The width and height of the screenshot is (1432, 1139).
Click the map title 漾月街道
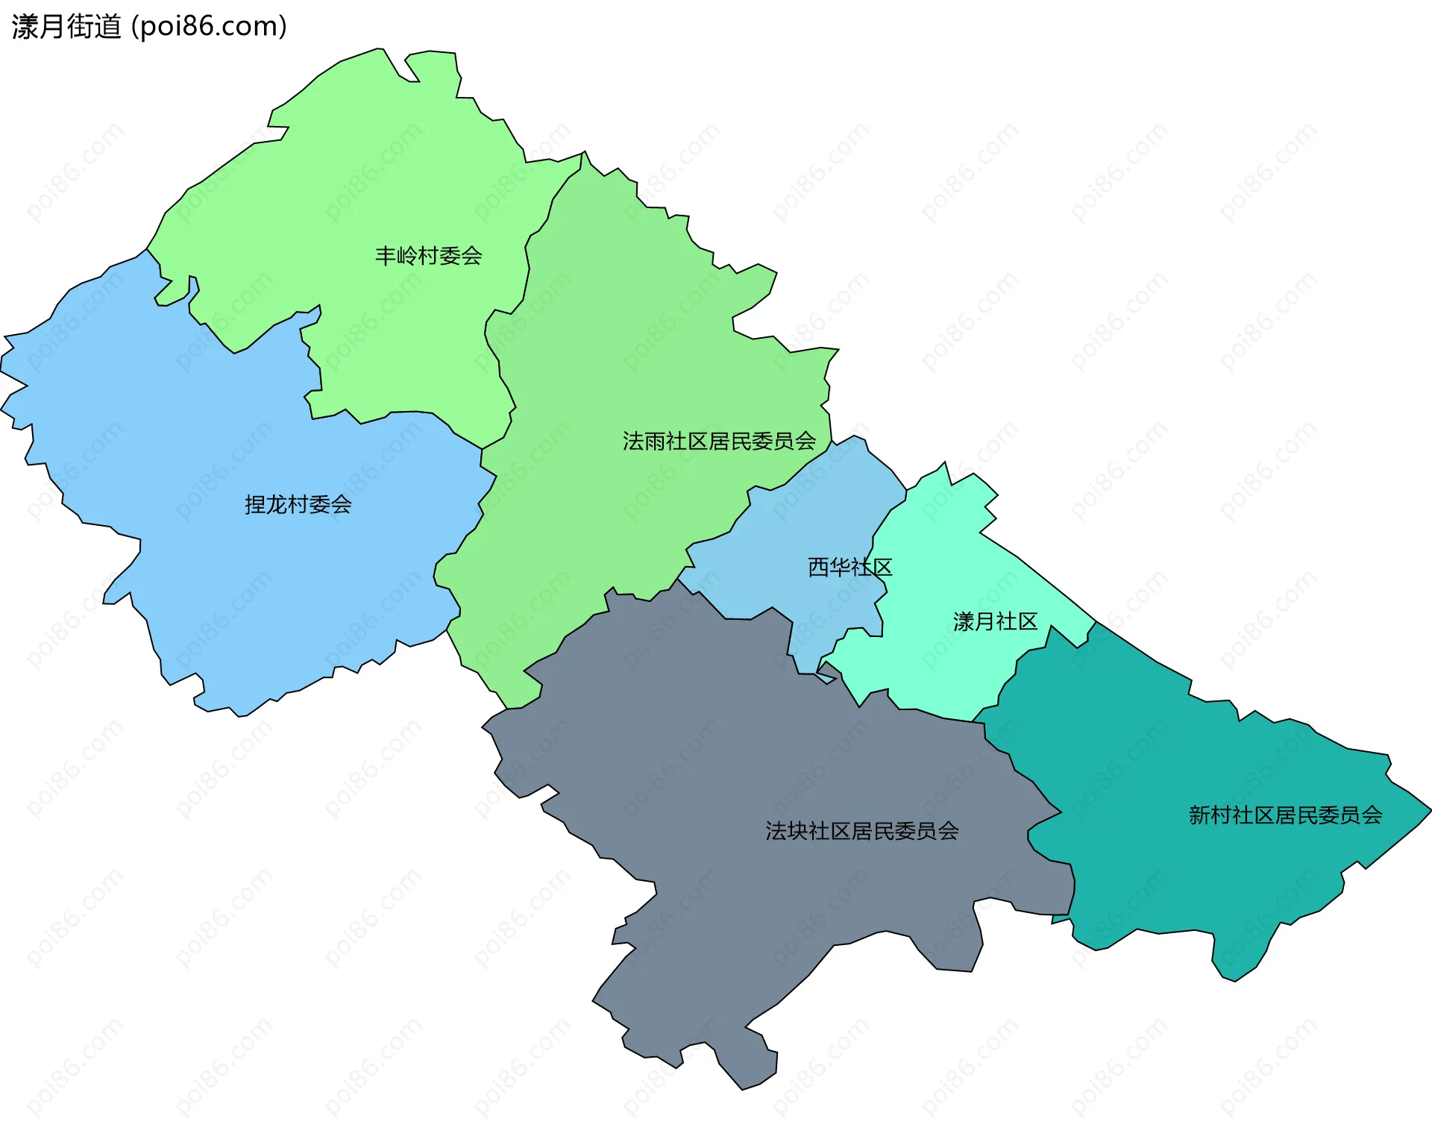click(x=66, y=27)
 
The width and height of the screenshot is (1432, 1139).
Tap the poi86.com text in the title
click(x=209, y=27)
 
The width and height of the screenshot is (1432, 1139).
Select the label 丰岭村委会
click(x=428, y=256)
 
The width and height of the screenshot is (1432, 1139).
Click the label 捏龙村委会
click(x=298, y=505)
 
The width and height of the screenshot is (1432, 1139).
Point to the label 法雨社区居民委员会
click(x=719, y=442)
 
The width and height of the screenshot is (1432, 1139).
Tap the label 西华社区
click(x=850, y=568)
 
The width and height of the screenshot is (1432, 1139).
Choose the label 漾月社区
click(x=995, y=621)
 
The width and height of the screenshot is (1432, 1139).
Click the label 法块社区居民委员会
click(x=861, y=831)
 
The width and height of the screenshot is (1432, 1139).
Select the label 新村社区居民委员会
click(x=1285, y=815)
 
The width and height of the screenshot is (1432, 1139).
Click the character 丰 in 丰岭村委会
click(x=386, y=256)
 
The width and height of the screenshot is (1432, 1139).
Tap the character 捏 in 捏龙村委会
click(x=255, y=505)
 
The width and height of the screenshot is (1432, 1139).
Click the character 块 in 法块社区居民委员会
click(x=797, y=831)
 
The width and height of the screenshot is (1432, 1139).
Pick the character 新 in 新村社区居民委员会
click(x=1199, y=815)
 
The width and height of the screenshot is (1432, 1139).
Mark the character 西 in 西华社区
click(x=818, y=568)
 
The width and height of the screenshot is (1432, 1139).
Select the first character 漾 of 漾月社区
click(x=964, y=621)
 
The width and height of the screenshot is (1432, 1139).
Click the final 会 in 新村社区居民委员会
click(x=1372, y=815)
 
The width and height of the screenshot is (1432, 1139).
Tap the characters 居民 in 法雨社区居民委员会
click(x=729, y=442)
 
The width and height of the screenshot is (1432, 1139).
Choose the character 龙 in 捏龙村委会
click(x=277, y=505)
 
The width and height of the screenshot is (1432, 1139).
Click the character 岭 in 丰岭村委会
click(x=407, y=256)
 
